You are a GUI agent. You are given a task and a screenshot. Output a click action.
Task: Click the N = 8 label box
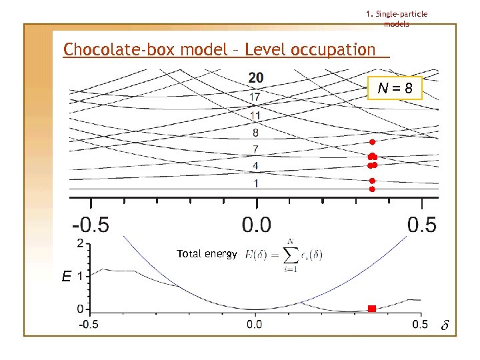click(395, 87)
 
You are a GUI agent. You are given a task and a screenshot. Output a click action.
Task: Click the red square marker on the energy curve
click(372, 309)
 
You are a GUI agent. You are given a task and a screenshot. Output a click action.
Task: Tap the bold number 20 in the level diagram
click(256, 78)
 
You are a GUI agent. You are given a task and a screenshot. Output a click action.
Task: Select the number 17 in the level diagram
click(255, 97)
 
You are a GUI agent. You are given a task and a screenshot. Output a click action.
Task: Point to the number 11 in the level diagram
click(255, 115)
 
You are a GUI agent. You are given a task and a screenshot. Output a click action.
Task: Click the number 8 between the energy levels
click(255, 133)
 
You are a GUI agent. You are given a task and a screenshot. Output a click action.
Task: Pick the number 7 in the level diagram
click(255, 148)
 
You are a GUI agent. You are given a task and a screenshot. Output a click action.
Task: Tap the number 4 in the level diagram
click(255, 165)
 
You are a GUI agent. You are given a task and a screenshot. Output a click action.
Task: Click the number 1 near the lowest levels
click(255, 183)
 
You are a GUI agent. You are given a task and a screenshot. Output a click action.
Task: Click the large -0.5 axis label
click(90, 224)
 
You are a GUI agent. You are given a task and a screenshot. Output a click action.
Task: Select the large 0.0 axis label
click(255, 224)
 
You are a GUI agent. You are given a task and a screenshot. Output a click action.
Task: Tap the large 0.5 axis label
click(421, 224)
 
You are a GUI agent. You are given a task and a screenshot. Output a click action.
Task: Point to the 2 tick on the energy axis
click(80, 244)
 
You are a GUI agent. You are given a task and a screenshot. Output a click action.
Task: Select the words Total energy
click(207, 254)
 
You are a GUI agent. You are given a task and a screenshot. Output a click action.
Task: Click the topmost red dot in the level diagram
click(373, 143)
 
